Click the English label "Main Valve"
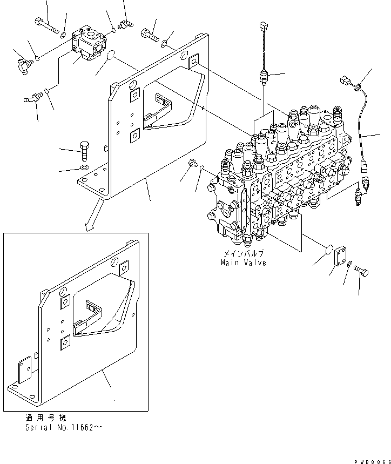(243, 263)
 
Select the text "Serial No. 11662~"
(63, 427)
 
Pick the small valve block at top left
(91, 44)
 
